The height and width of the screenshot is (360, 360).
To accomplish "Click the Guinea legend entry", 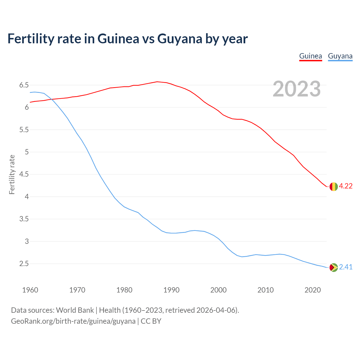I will click(310, 56).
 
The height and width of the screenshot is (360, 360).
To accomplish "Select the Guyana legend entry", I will click(340, 56).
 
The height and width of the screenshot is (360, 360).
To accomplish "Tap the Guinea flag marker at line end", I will click(333, 186).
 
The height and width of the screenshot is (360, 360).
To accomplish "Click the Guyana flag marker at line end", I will click(333, 267).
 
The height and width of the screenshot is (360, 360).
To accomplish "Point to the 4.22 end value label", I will click(346, 186).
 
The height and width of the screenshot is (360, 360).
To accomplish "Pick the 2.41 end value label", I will click(346, 267).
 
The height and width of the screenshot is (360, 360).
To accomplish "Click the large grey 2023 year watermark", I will click(297, 89).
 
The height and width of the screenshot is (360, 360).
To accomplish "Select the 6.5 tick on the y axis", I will click(24, 85).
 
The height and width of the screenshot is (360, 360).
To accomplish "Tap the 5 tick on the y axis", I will click(27, 152).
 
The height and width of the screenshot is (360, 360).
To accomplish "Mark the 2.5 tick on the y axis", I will click(24, 264).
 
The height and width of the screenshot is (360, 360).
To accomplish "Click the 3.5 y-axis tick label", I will click(24, 219).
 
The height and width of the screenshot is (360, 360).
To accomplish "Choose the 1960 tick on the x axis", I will click(30, 290).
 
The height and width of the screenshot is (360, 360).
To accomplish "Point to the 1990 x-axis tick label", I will click(171, 290).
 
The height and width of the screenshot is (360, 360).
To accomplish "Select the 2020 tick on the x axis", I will click(312, 290).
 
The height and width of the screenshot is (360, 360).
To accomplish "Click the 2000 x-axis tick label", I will click(218, 290).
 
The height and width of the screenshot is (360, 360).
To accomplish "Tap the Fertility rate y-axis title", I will click(12, 174).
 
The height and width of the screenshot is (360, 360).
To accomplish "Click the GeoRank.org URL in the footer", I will click(73, 321).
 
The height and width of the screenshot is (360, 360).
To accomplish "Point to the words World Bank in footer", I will click(75, 310).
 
